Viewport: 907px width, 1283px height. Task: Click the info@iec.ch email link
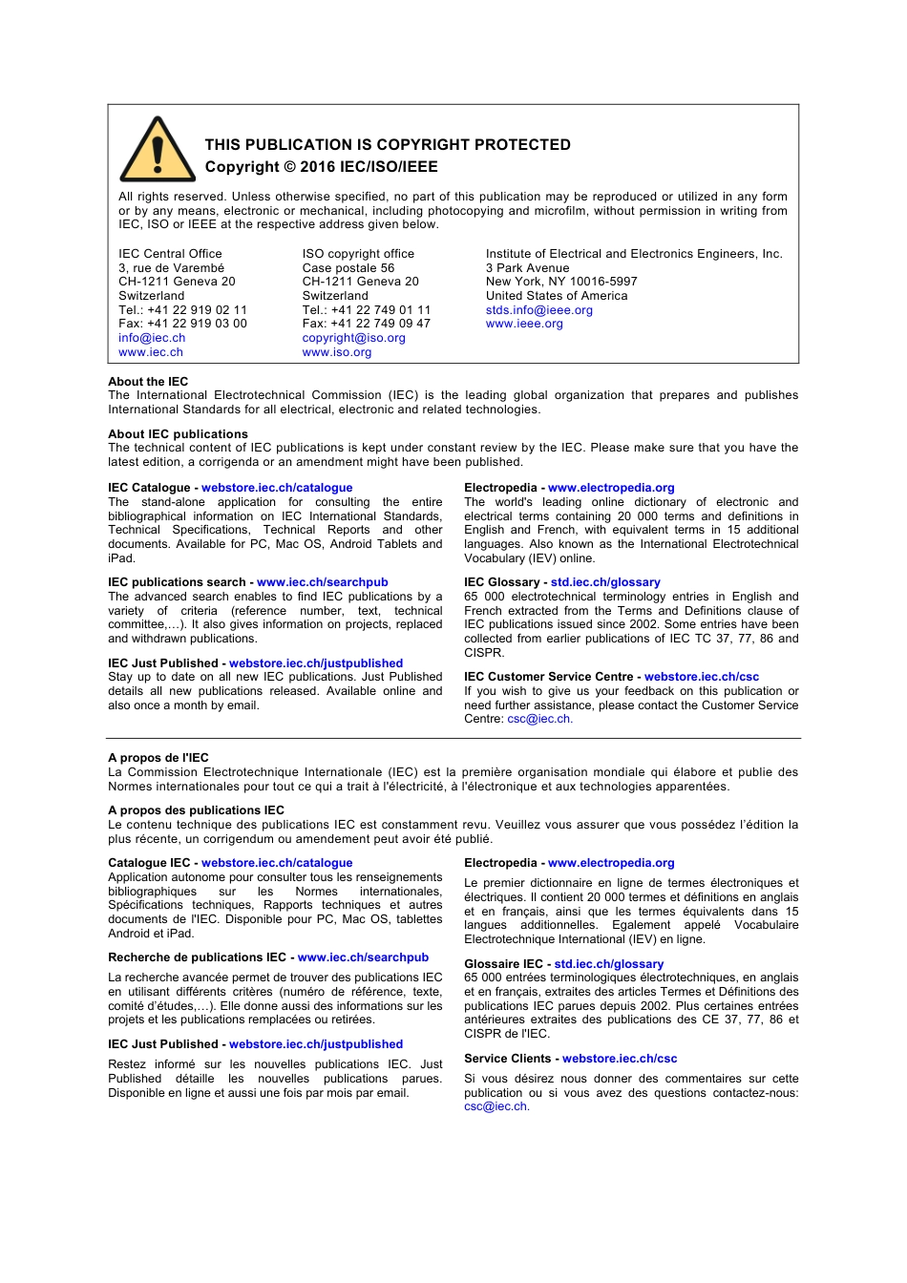(152, 338)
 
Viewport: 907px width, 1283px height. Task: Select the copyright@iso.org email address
(353, 338)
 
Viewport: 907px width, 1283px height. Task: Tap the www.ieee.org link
(524, 324)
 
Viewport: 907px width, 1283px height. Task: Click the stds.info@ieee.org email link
(538, 310)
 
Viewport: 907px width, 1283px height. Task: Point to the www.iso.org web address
(336, 352)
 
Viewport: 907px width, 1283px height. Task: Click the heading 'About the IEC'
(148, 382)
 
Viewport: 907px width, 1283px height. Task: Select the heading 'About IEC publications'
(178, 434)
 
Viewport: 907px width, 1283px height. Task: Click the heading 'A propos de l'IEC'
(158, 758)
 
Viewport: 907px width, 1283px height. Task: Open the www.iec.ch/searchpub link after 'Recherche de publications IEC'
(363, 957)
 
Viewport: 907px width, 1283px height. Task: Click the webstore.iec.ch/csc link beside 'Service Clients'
(619, 1059)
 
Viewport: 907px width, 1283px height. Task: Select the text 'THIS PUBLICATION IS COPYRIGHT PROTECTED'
(388, 145)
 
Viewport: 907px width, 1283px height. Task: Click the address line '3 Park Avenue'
(527, 268)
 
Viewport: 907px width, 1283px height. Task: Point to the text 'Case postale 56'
(348, 268)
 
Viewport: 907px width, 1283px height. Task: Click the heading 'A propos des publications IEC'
(196, 810)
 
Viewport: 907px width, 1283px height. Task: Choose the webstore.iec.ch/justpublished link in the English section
(315, 663)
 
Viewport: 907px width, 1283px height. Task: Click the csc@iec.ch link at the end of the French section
(496, 1106)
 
